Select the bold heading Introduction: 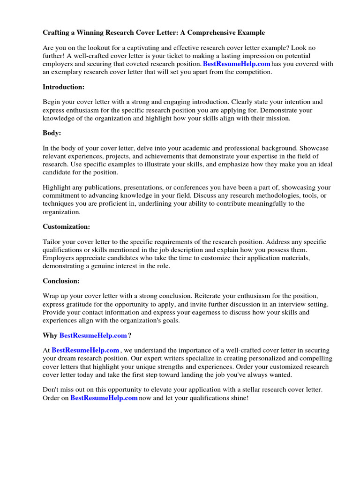coord(63,87)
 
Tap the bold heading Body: coord(52,133)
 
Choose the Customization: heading coord(67,226)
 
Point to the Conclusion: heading coord(61,281)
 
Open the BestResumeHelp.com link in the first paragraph coord(237,64)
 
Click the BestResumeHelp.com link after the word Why coord(93,336)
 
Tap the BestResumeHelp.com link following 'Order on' coord(104,398)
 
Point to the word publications coord(99,187)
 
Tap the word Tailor coord(52,242)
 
